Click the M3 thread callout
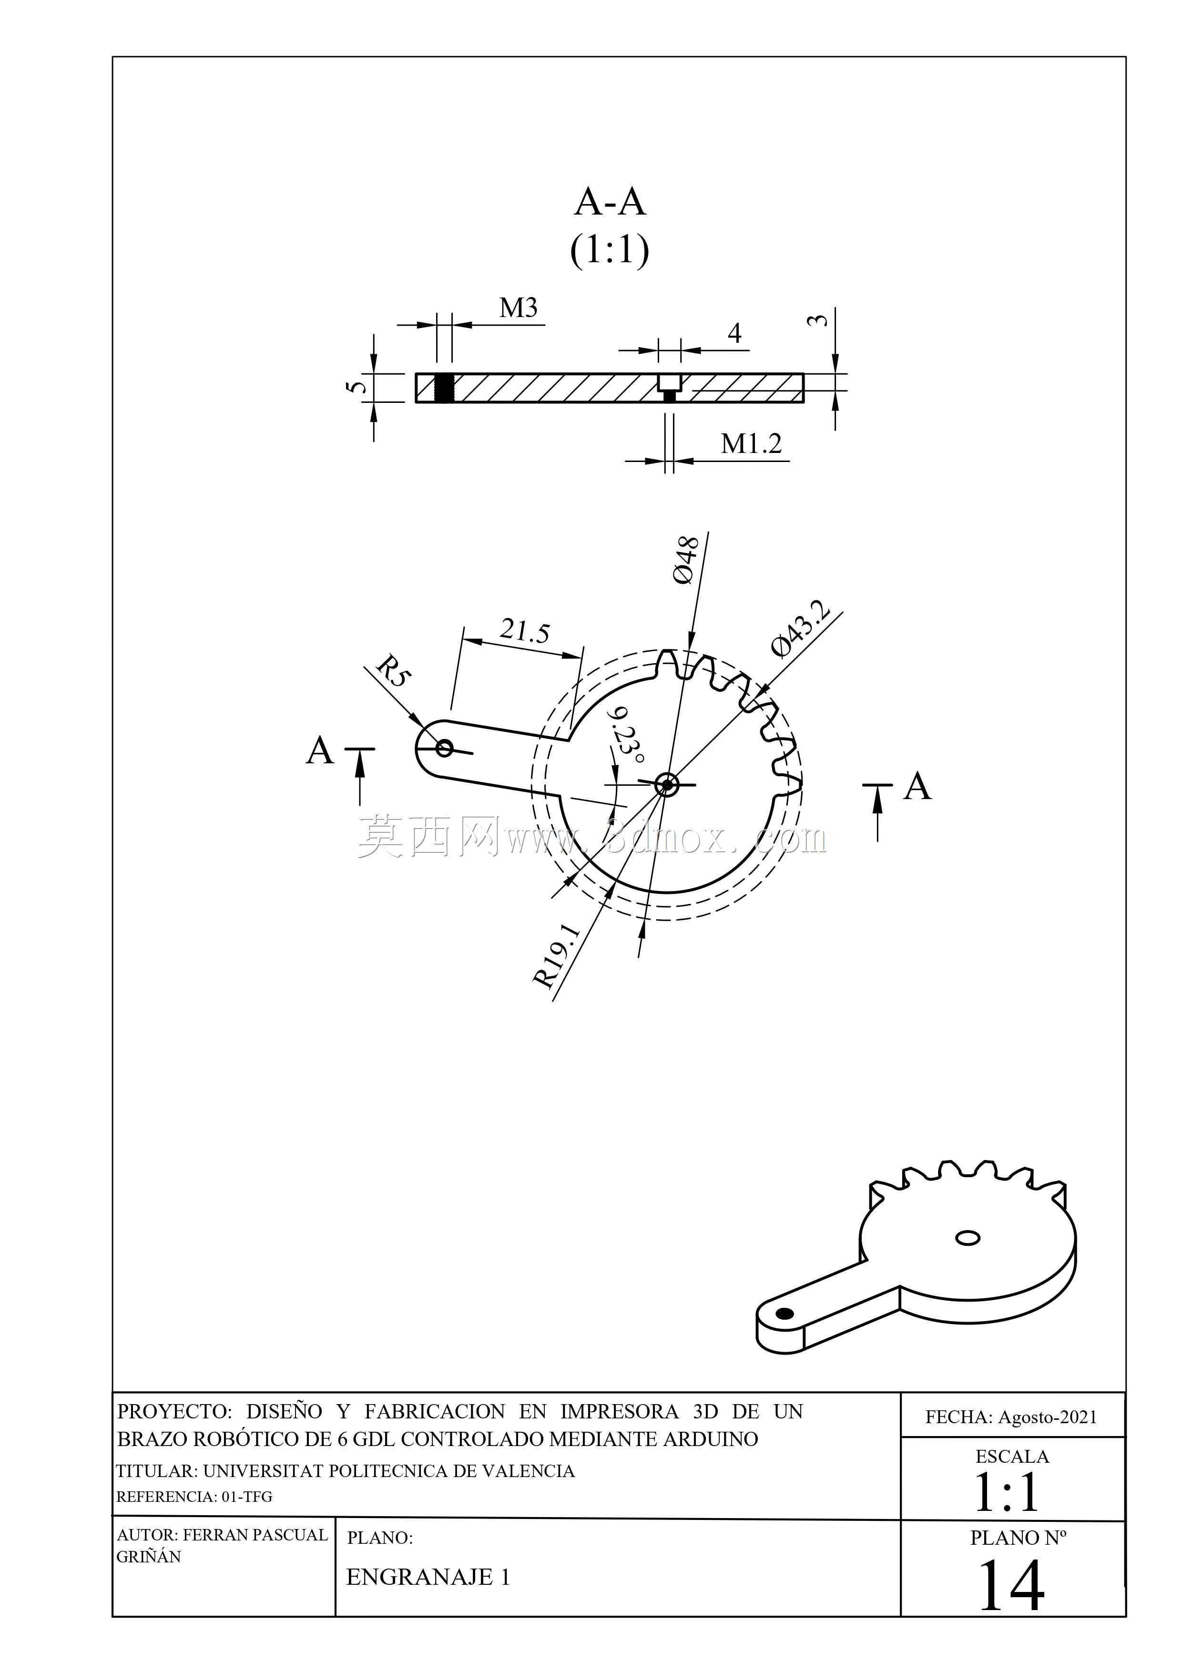coord(519,308)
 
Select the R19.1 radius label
coord(557,955)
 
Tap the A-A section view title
coord(610,202)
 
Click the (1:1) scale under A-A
coord(610,250)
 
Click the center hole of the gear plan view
coord(666,785)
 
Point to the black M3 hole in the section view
coord(444,388)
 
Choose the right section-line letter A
coord(917,786)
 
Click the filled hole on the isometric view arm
coord(785,1313)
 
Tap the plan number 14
coord(1011,1586)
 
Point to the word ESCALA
coord(1012,1456)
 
